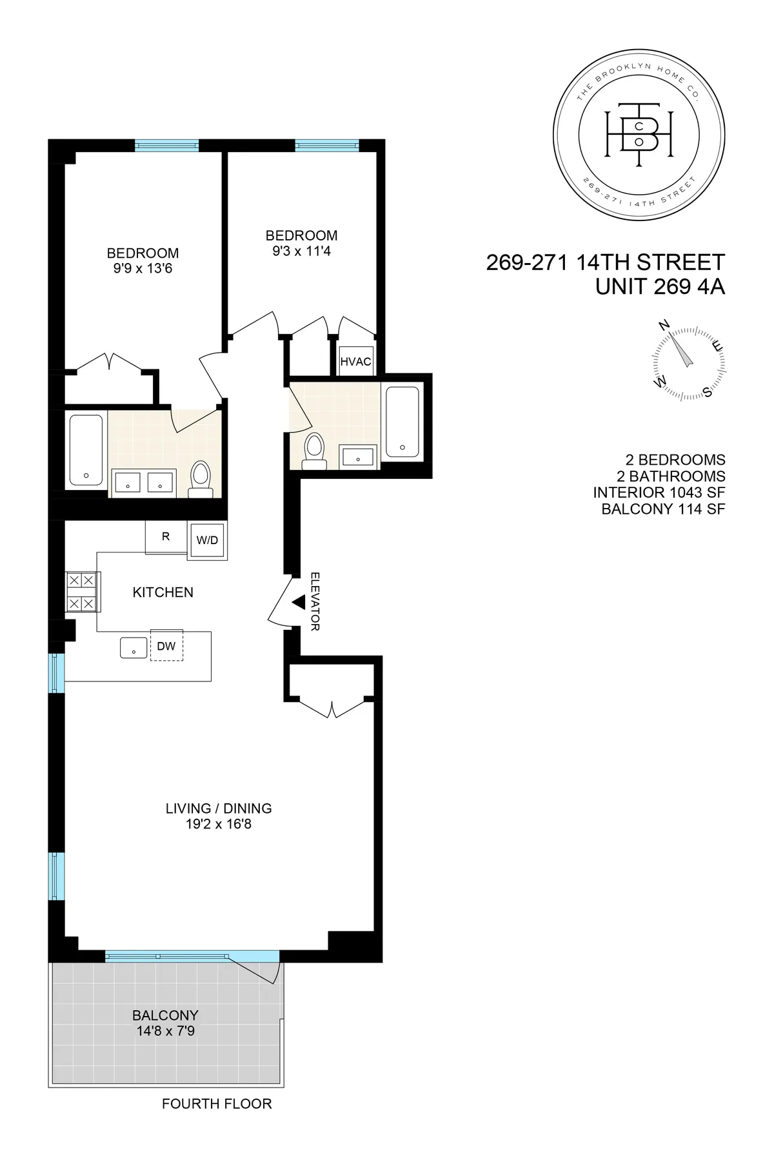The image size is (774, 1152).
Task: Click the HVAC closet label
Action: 356,362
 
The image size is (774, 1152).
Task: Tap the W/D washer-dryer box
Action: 207,540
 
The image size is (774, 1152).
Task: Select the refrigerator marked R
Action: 166,536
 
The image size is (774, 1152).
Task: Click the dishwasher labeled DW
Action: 166,645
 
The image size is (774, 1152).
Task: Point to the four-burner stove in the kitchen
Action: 82,592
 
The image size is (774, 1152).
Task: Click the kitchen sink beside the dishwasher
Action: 134,647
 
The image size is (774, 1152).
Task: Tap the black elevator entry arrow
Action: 299,602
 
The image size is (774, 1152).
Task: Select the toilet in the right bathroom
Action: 315,449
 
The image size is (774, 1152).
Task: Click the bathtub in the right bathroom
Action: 402,422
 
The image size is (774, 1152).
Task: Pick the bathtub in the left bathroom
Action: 86,449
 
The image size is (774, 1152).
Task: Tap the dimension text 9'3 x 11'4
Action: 301,251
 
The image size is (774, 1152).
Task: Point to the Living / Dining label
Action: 219,808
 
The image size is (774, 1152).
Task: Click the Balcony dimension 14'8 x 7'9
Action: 165,1031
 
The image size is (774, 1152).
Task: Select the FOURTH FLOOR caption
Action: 217,1104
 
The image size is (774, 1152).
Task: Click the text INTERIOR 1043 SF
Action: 659,493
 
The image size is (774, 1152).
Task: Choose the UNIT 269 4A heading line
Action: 660,286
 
